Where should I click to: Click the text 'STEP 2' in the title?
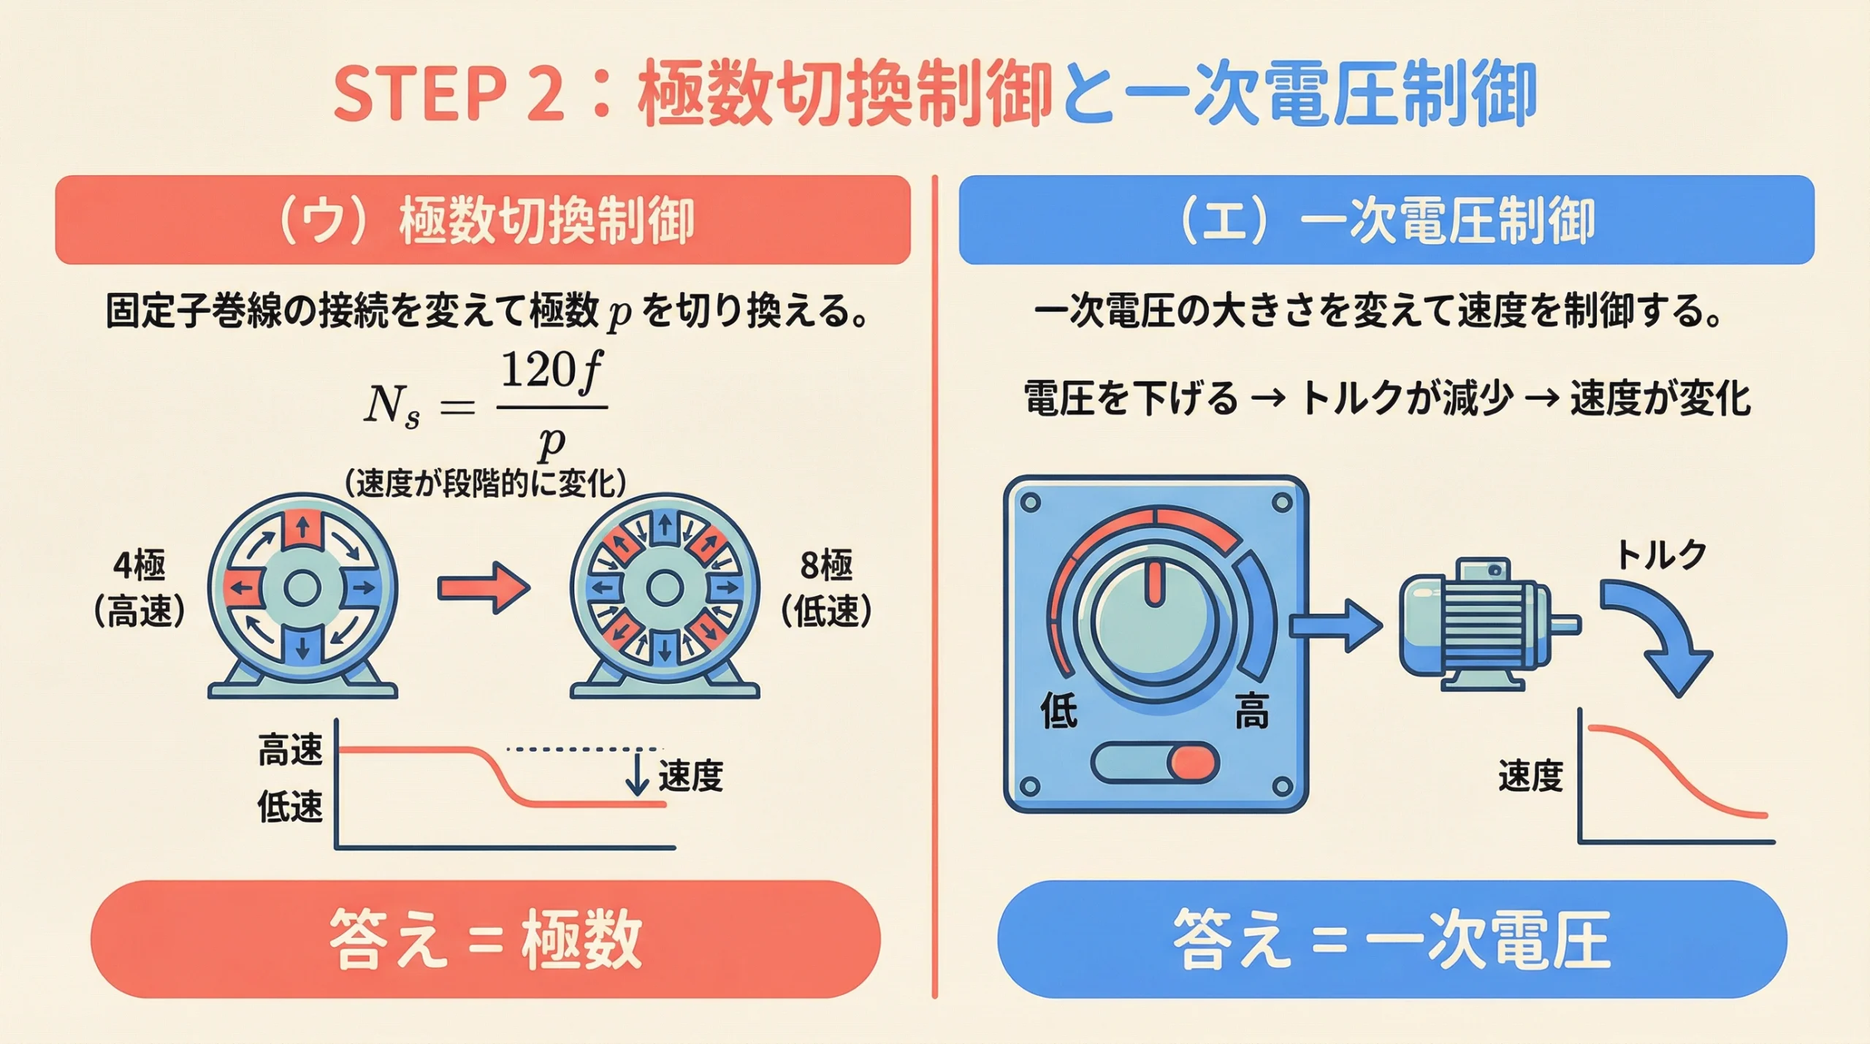point(449,94)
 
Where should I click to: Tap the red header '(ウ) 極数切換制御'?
point(483,220)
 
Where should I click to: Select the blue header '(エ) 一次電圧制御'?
point(1386,220)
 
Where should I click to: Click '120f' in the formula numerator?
point(551,371)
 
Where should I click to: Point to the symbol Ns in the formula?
point(392,405)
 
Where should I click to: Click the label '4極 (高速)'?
point(139,588)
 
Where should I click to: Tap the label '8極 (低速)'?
point(826,588)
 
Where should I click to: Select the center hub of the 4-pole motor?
point(302,588)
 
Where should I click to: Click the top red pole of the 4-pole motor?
point(302,527)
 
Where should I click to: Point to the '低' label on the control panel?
point(1058,711)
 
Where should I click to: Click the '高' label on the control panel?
point(1251,711)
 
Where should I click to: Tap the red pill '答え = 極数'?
point(485,939)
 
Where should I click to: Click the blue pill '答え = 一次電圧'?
point(1392,939)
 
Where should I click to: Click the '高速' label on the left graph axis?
point(290,750)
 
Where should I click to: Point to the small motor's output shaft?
point(1565,625)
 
